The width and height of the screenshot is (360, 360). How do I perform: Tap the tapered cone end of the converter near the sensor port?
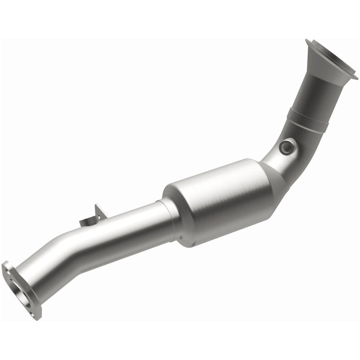tap(272, 175)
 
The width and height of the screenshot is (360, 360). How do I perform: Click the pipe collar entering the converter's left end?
tap(167, 216)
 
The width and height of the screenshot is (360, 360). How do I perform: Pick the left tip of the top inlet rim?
tap(306, 41)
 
